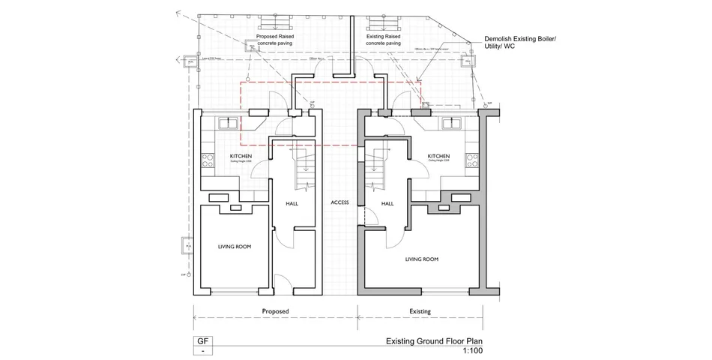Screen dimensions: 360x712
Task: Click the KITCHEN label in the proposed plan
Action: coord(241,156)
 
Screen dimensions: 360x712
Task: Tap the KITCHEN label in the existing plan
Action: coord(438,156)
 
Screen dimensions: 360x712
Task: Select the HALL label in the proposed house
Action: coord(292,203)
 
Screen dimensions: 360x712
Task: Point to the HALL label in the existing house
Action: coord(387,203)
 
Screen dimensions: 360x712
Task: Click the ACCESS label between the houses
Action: coord(340,203)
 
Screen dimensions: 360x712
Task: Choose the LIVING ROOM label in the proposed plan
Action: coord(234,247)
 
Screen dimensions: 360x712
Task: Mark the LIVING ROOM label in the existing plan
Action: coord(421,259)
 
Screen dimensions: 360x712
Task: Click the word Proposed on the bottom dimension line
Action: coord(275,311)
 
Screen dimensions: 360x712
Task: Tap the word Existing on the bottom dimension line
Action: coord(420,311)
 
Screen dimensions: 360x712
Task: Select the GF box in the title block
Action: coord(202,342)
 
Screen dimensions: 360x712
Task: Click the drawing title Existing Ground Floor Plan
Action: coord(434,341)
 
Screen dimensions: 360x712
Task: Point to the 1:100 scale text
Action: coord(472,351)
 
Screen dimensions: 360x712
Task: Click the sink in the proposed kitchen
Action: coord(228,123)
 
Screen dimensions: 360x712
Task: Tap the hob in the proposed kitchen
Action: coord(208,160)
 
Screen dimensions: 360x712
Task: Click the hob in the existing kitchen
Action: coord(472,160)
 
